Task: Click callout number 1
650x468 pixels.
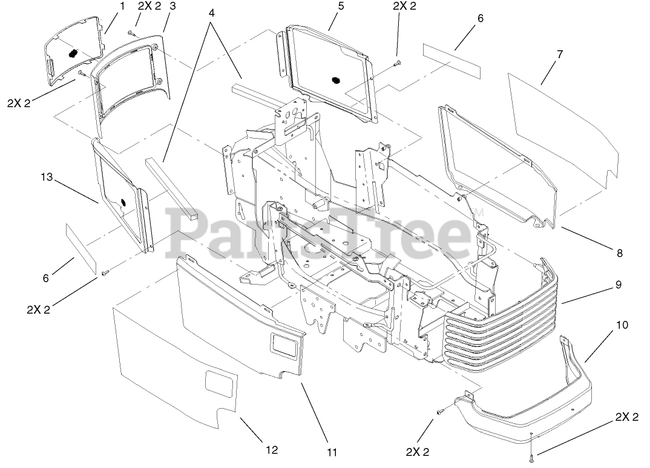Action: click(122, 7)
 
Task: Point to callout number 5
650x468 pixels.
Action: click(341, 7)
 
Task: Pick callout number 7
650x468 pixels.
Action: click(559, 54)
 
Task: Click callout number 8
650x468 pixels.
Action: click(619, 254)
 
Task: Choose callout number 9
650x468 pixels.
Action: click(619, 284)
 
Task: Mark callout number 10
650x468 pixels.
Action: click(622, 325)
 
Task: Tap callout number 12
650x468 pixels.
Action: click(272, 449)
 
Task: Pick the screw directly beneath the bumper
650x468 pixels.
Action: click(531, 455)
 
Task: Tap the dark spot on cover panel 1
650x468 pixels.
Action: click(73, 53)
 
